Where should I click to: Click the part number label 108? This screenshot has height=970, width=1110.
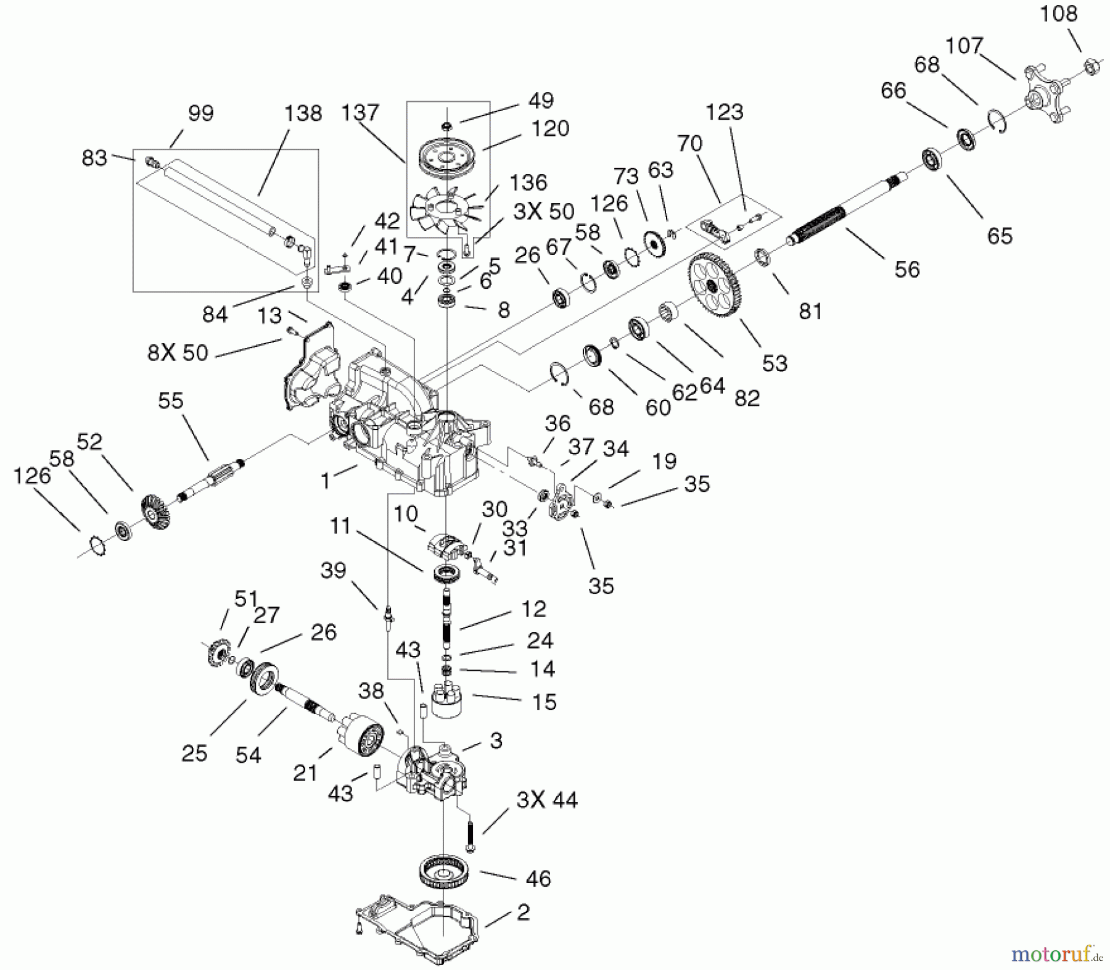pos(1059,14)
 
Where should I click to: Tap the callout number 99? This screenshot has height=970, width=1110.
pos(201,114)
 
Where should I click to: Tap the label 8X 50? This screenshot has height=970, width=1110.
pos(178,354)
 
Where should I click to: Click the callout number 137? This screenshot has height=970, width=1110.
pos(360,113)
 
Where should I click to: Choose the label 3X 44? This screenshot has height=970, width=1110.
pos(546,800)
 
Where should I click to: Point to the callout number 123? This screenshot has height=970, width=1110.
pos(725,112)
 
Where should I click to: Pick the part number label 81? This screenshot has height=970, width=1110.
pos(810,312)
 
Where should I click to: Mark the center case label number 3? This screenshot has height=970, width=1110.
pos(496,740)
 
